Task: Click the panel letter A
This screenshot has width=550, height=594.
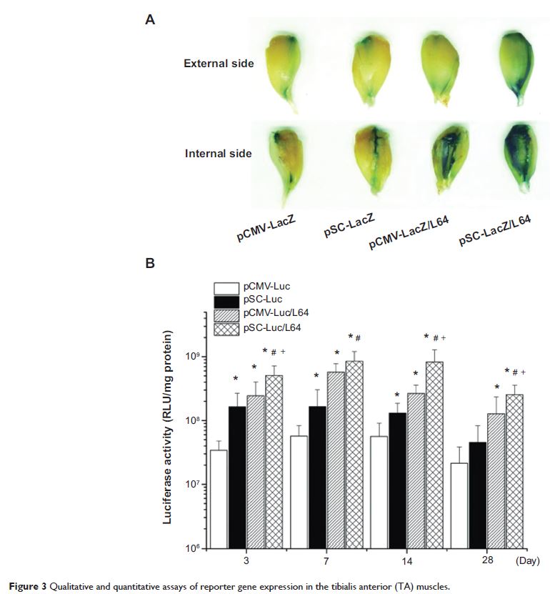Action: (150, 21)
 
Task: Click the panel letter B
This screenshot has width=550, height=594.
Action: (150, 264)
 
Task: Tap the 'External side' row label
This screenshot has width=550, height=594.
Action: (219, 64)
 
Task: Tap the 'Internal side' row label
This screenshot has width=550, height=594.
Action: (219, 153)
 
